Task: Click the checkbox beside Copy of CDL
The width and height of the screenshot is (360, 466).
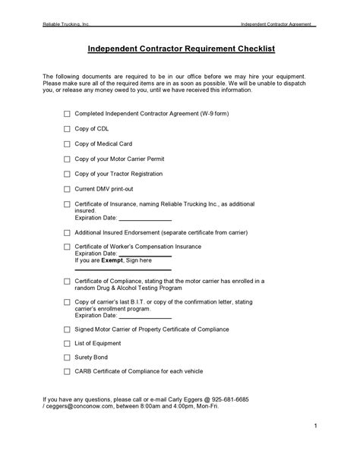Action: point(67,129)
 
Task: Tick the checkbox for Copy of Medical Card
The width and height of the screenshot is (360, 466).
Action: point(67,144)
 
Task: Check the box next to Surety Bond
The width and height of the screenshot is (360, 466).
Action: point(67,357)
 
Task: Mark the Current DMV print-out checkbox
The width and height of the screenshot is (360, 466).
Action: point(67,188)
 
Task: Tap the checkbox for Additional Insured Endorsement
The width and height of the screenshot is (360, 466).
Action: point(67,232)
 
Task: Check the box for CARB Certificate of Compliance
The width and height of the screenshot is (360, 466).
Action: point(67,371)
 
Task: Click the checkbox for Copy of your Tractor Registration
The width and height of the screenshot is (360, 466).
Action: point(67,174)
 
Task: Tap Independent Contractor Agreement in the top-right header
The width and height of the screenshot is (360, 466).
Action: point(276,24)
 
